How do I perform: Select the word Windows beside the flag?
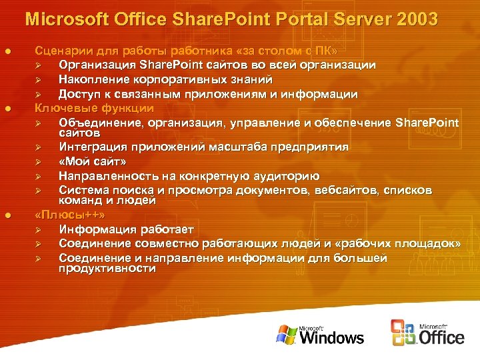[331, 337]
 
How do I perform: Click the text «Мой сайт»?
[92, 161]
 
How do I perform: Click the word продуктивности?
[107, 269]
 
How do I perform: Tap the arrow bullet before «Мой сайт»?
[39, 162]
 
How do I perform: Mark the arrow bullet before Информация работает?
[39, 230]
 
